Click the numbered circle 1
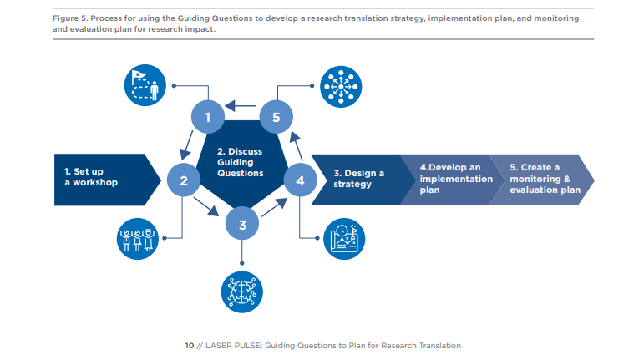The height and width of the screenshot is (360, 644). tap(208, 117)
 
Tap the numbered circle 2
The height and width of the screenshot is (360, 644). tap(184, 180)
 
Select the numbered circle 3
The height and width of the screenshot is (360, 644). tap(242, 224)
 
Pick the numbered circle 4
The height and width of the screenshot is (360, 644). tap(300, 180)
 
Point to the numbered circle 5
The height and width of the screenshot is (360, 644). tap(276, 117)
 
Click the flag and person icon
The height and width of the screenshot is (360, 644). tap(145, 85)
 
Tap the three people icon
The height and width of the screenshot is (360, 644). tap(138, 239)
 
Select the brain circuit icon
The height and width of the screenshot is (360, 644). tap(242, 292)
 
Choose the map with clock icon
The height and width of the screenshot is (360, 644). tap(344, 239)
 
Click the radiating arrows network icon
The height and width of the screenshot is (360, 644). tap(341, 87)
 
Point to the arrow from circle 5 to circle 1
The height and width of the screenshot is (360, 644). tap(241, 106)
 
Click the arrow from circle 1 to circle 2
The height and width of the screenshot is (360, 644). tap(186, 145)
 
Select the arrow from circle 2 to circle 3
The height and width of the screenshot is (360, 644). tap(206, 206)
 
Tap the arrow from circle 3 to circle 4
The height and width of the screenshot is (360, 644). tap(275, 207)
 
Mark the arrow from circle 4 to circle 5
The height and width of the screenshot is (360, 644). tap(297, 145)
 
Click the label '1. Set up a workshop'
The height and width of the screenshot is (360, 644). tap(91, 177)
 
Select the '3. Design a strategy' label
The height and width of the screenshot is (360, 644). tap(358, 179)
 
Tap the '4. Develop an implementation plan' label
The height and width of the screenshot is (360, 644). tap(456, 179)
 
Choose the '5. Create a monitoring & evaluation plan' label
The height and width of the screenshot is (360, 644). tap(545, 179)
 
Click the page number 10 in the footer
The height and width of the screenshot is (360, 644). tap(190, 346)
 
